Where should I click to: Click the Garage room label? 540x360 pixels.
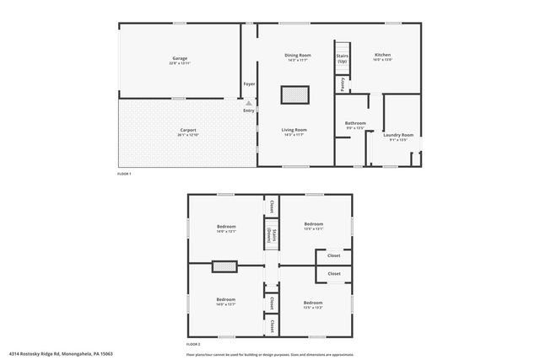pyautogui.click(x=180, y=57)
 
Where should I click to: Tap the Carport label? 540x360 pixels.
pyautogui.click(x=187, y=130)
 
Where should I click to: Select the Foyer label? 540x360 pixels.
pyautogui.click(x=249, y=84)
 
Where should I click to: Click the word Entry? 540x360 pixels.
pyautogui.click(x=249, y=110)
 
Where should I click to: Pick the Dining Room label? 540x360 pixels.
pyautogui.click(x=298, y=55)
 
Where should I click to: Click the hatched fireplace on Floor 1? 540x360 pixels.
pyautogui.click(x=294, y=94)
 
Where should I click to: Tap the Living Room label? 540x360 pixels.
pyautogui.click(x=294, y=130)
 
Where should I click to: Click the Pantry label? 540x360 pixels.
pyautogui.click(x=342, y=84)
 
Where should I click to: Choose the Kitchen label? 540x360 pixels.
pyautogui.click(x=382, y=55)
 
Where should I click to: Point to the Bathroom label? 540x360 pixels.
pyautogui.click(x=355, y=123)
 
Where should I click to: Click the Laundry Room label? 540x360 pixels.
pyautogui.click(x=397, y=135)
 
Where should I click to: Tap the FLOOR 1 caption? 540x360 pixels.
pyautogui.click(x=124, y=174)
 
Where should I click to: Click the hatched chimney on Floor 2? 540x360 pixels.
pyautogui.click(x=224, y=267)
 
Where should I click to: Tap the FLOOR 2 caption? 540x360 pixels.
pyautogui.click(x=194, y=344)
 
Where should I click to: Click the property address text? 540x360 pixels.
pyautogui.click(x=61, y=354)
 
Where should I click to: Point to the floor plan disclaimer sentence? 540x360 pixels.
pyautogui.click(x=270, y=354)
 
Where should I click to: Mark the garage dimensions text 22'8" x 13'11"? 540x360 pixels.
pyautogui.click(x=180, y=63)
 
